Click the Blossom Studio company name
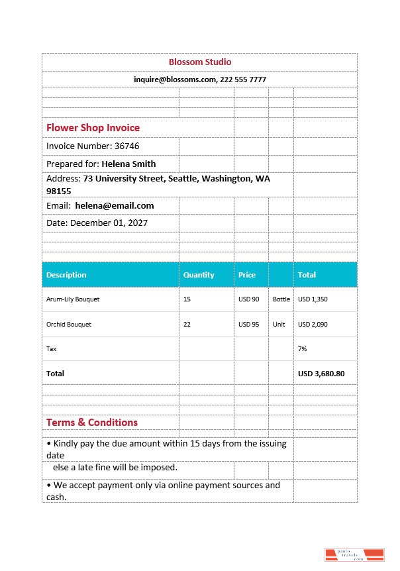coord(200,62)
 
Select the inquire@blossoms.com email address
coord(175,79)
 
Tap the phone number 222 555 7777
coord(243,79)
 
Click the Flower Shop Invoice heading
coord(93,127)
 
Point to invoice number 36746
coord(127,146)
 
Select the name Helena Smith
coord(128,164)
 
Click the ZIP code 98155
coord(58,191)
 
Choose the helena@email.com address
coord(114,206)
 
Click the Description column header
coord(66,275)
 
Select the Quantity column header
coord(199,275)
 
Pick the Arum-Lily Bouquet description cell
coord(73,299)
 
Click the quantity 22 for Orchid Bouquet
coord(187,325)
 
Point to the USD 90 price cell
coord(249,299)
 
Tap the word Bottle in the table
coord(281,299)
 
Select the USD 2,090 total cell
coord(313,325)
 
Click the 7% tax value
coord(303,348)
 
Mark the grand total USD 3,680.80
coord(321,374)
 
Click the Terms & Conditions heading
coord(92,422)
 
